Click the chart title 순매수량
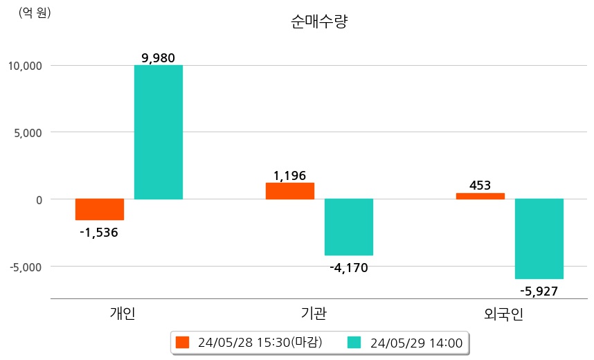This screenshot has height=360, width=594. coord(319,22)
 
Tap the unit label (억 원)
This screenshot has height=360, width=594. coord(35,12)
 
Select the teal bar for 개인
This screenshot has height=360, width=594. coord(159,132)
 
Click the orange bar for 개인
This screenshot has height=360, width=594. coord(100,209)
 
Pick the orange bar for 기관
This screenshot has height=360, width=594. coord(290,191)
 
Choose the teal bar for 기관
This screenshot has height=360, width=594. coord(349,227)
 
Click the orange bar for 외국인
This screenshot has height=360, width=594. coord(480,196)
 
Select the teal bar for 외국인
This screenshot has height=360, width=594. coord(539,239)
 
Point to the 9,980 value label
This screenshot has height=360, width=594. coord(158,57)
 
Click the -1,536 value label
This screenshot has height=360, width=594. coord(99,233)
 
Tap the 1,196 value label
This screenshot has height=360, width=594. coord(289,176)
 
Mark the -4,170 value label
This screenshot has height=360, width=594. coord(348,268)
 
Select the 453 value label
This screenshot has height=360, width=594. coord(480,186)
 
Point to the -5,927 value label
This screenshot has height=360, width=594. coord(539,291)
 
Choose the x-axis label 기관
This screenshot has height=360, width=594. coord(314,314)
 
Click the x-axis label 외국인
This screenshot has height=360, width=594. coord(504,314)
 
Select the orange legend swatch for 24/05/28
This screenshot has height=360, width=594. coord(183,342)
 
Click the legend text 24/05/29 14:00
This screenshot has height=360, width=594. coord(416,343)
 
